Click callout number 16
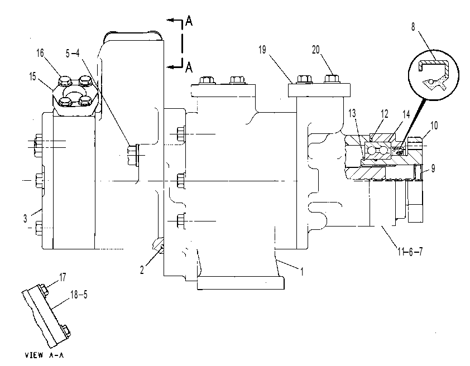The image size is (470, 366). [x=40, y=54]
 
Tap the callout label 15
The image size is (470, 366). [x=33, y=76]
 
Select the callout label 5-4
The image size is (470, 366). [x=73, y=54]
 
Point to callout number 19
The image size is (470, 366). [x=262, y=50]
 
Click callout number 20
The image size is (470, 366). [x=316, y=50]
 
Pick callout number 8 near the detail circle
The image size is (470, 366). [x=413, y=27]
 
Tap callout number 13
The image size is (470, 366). [x=352, y=113]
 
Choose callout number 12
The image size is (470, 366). [x=385, y=114]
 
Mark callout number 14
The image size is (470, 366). [x=406, y=114]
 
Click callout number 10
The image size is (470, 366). [x=434, y=126]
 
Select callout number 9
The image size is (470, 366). [x=433, y=168]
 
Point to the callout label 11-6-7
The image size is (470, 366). [x=410, y=252]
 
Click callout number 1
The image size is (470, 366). [x=302, y=272]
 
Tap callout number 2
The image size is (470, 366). [x=142, y=270]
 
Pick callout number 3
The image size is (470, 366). [x=25, y=219]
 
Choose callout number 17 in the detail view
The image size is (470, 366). [x=63, y=277]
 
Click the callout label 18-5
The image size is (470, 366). [x=79, y=295]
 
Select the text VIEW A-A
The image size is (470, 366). [x=44, y=355]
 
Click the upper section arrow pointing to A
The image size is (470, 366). [x=175, y=21]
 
